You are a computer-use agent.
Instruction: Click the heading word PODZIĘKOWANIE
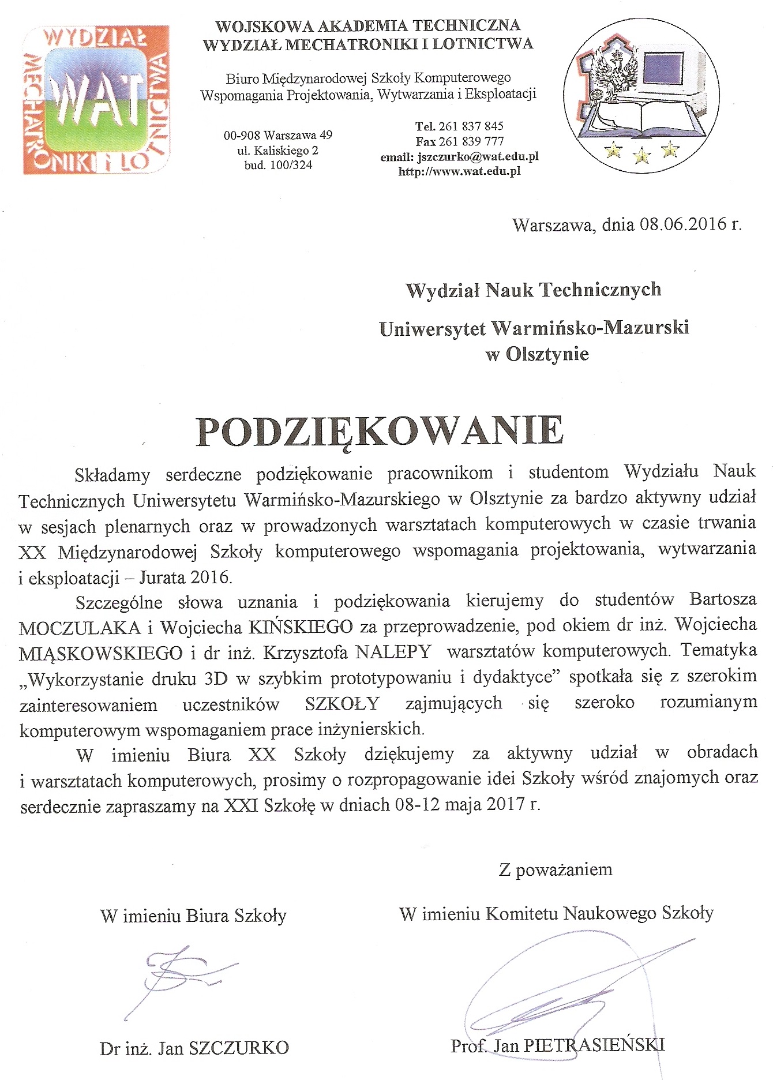[380, 430]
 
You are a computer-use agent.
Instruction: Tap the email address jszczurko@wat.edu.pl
[478, 156]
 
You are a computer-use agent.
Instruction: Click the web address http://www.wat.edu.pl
[459, 171]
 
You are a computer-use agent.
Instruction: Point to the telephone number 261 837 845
[471, 126]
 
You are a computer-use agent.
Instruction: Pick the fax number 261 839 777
[471, 141]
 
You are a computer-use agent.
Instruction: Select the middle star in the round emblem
[641, 155]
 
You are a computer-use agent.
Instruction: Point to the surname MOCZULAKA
[80, 627]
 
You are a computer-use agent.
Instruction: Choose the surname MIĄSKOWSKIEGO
[102, 653]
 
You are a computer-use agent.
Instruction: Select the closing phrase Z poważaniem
[555, 869]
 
